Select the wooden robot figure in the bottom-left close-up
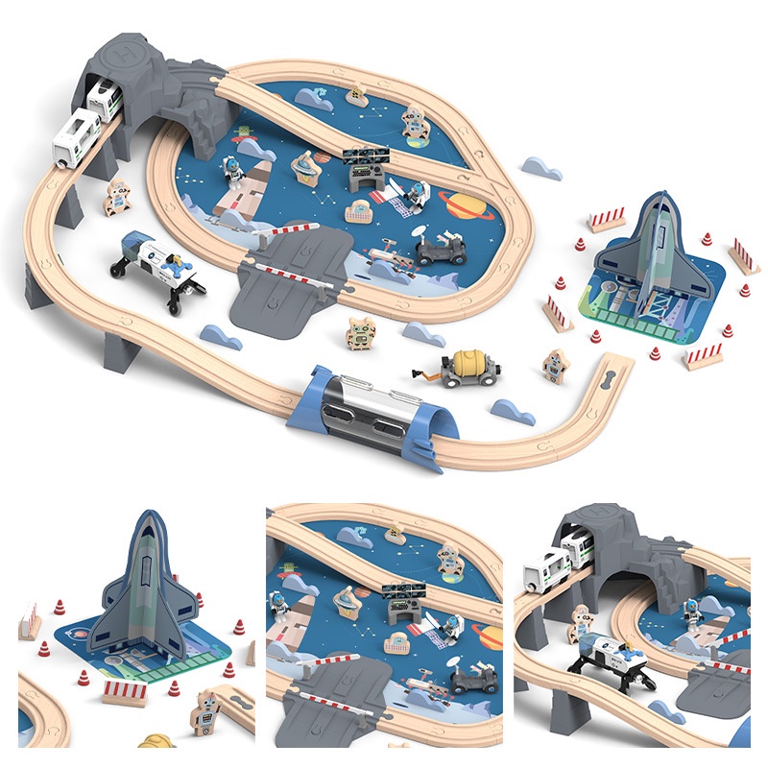click(x=205, y=711)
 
